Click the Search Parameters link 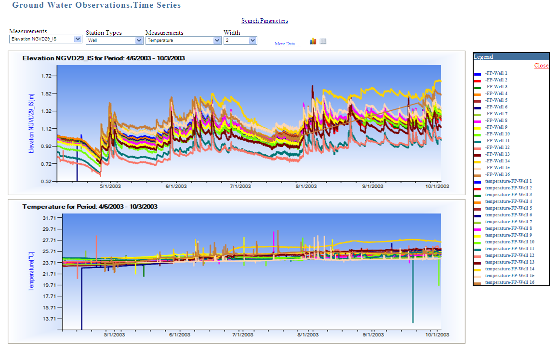click(x=265, y=21)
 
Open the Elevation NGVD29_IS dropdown click(x=46, y=39)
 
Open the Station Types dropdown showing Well click(x=114, y=40)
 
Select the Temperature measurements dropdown click(x=183, y=40)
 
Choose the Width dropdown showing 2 click(x=240, y=40)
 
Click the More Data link click(x=287, y=44)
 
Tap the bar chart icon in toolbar click(x=313, y=41)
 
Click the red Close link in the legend click(x=541, y=66)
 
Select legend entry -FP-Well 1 click(x=496, y=73)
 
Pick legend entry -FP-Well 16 click(x=497, y=174)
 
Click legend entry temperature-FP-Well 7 click(x=508, y=222)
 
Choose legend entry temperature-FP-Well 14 click(x=509, y=269)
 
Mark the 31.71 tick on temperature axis click(x=50, y=218)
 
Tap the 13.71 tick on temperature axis click(x=50, y=319)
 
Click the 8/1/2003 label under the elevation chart click(x=307, y=187)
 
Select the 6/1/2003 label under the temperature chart click(x=179, y=335)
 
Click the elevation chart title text click(x=104, y=58)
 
